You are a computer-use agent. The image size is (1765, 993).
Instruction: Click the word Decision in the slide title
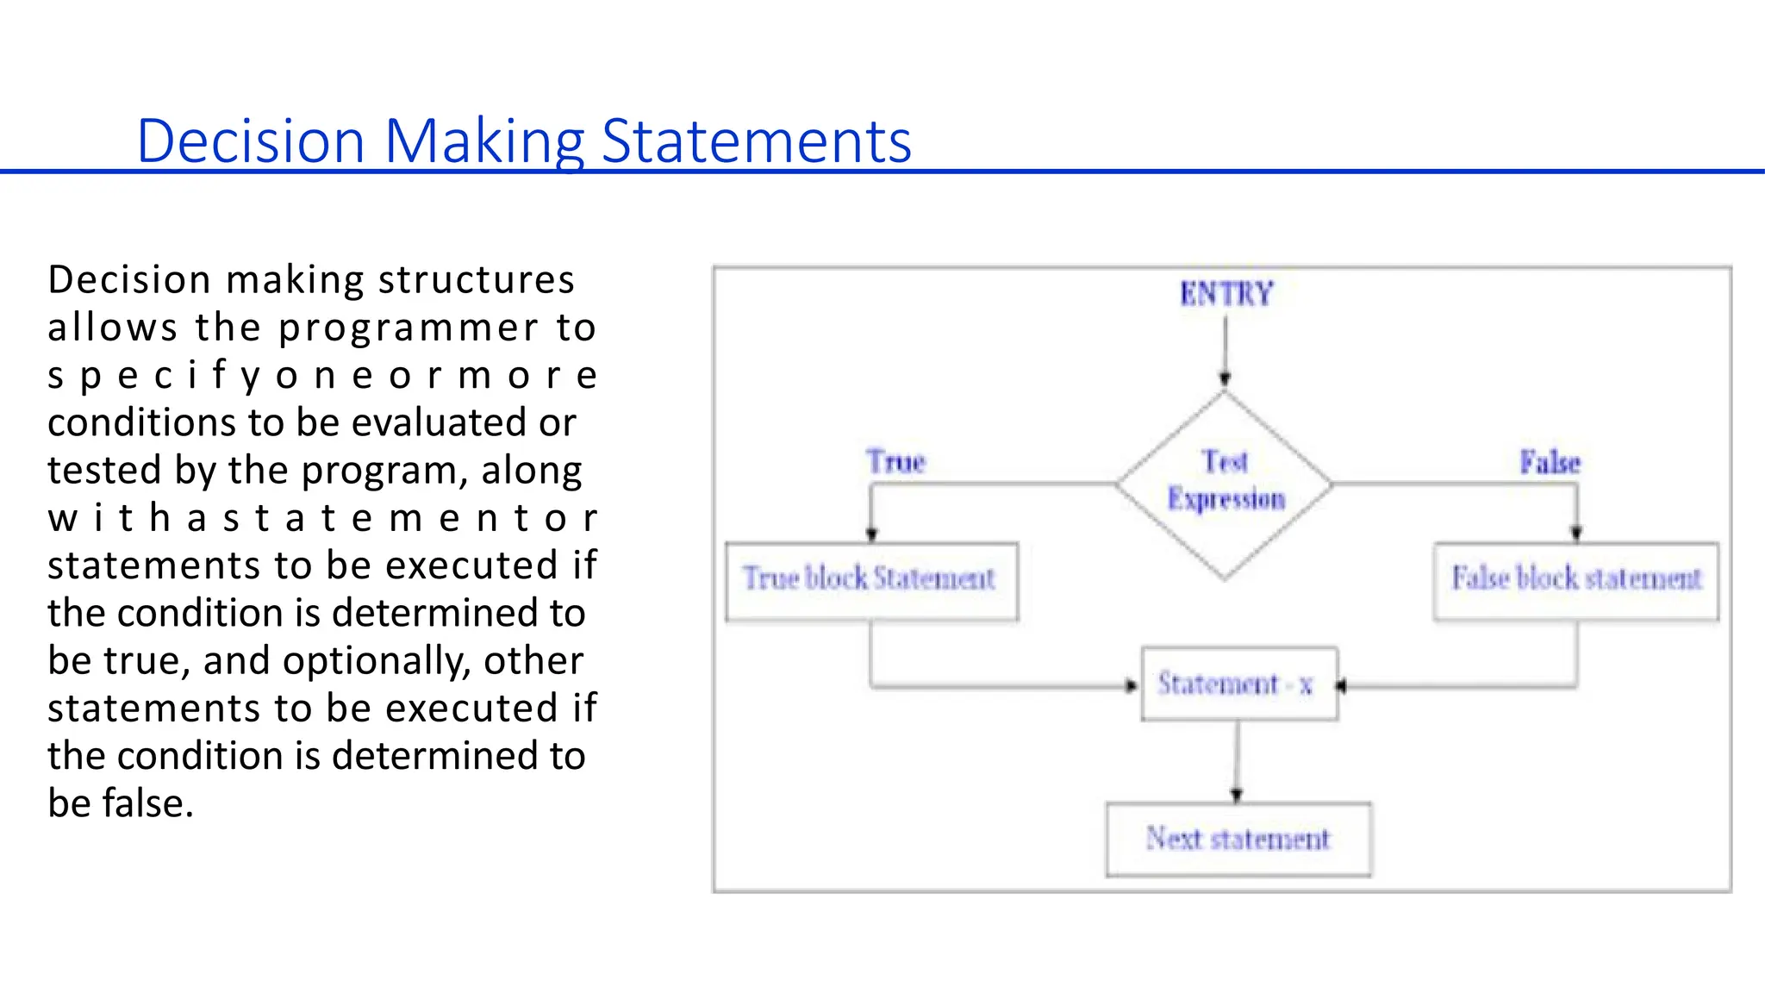point(251,141)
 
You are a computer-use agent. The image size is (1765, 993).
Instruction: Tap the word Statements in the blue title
point(756,141)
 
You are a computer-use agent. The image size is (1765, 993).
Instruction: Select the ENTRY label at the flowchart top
point(1226,294)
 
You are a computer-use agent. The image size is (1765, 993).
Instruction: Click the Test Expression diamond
point(1225,484)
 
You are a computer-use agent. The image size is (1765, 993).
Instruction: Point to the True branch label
point(895,462)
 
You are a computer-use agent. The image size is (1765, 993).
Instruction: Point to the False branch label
point(1550,463)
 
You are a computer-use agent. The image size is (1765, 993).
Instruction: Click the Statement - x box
point(1239,684)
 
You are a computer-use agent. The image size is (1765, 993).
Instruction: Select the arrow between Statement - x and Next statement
point(1238,759)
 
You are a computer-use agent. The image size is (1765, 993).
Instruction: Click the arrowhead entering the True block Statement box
point(871,534)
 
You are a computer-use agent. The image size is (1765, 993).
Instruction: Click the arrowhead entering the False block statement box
point(1576,533)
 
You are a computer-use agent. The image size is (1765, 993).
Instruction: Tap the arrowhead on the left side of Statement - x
point(1132,686)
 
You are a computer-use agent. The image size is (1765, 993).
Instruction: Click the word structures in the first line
point(477,280)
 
